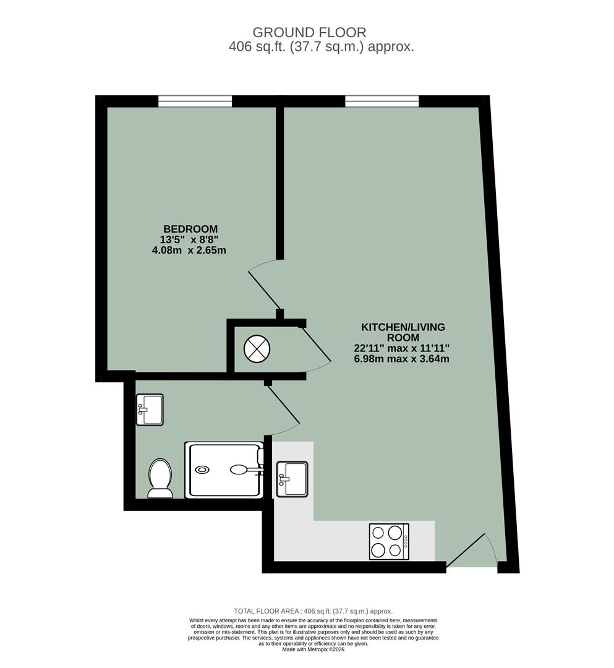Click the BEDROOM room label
pos(190,228)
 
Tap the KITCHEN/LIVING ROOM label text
pos(403,332)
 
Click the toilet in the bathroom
pos(160,478)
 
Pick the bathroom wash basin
pos(149,409)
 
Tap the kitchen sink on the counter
pos(292,478)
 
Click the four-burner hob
pos(389,542)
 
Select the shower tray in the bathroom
pos(224,470)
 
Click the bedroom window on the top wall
pos(195,101)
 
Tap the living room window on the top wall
pos(382,101)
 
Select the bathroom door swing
pos(283,408)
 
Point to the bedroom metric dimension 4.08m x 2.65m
pos(189,250)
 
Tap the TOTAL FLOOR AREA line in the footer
pos(313,611)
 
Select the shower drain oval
pos(202,470)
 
